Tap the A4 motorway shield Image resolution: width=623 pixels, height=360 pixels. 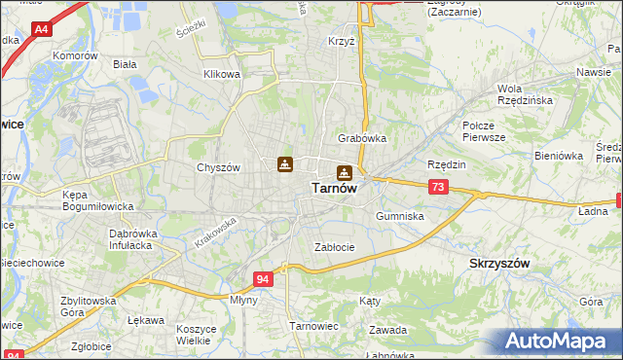(x=42, y=30)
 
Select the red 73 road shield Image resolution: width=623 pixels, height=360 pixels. (x=438, y=187)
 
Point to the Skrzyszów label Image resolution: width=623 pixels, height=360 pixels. (x=499, y=264)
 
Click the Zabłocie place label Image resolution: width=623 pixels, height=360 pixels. (x=334, y=247)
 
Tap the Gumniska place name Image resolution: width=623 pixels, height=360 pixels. (x=399, y=216)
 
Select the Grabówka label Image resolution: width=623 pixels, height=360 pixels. (x=362, y=138)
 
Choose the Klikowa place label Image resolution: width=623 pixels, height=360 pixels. (x=222, y=74)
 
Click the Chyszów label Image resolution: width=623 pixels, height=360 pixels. (x=218, y=167)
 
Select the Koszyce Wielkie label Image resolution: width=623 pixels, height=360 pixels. (x=196, y=335)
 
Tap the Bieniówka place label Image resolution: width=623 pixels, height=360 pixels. (x=558, y=155)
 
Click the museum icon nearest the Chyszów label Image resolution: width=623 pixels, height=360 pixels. (x=284, y=164)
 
